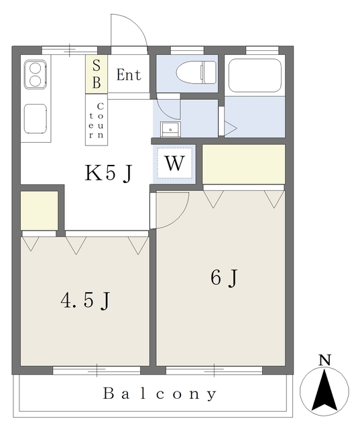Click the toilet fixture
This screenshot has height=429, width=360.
point(196,72)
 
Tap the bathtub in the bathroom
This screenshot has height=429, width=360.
point(255,75)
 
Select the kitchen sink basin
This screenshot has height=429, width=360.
point(36,119)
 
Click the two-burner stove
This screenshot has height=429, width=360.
point(36,74)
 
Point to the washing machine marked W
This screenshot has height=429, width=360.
point(174,164)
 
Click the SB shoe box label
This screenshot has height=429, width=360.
point(97,74)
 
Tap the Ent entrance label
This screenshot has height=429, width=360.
point(129,74)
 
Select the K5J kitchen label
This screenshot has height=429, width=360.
point(109,173)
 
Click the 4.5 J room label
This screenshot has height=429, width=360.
point(85,300)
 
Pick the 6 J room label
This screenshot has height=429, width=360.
point(224,278)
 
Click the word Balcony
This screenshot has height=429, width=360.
point(160,394)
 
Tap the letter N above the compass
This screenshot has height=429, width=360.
point(325,360)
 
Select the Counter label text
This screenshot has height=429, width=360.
point(97,121)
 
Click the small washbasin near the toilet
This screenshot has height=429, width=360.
point(170,129)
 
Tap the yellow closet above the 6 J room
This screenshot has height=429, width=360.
point(244,164)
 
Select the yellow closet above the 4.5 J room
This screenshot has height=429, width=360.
point(40,210)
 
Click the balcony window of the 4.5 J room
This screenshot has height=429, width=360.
point(97,371)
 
